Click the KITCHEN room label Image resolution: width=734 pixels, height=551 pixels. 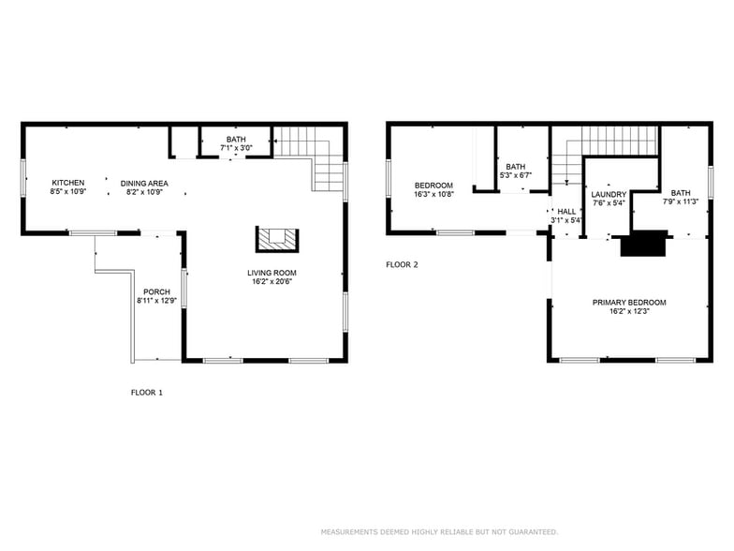[x=67, y=183]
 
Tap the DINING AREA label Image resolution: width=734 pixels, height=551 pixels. [x=144, y=183]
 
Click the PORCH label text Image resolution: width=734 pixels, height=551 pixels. [x=156, y=291]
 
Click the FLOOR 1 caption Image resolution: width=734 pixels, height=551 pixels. [x=146, y=393]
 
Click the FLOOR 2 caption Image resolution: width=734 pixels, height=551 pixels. [x=402, y=264]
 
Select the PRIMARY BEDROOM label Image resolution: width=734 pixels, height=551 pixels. [x=628, y=302]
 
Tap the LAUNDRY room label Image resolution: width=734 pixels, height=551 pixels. [x=608, y=194]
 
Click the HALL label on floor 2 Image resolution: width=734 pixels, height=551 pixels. [x=566, y=212]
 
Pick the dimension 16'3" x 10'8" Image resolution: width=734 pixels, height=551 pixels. [x=433, y=194]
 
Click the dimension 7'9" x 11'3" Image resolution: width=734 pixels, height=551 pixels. [x=680, y=201]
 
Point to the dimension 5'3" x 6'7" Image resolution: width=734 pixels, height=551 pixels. [x=516, y=174]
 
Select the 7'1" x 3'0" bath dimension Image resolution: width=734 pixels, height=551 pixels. [x=236, y=147]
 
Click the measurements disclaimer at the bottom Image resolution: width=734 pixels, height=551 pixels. [x=439, y=531]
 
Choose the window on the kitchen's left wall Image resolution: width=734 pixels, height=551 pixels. [x=22, y=178]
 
